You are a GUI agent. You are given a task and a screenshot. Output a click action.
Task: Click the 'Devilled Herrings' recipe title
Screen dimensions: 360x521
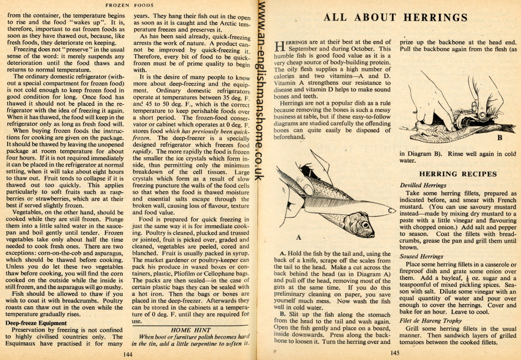point(422,184)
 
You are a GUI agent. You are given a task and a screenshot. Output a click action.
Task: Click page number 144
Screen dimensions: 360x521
point(128,353)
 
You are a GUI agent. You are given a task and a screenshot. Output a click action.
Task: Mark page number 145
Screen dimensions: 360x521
point(394,353)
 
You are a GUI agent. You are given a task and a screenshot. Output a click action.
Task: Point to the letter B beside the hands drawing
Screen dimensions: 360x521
point(499,137)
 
